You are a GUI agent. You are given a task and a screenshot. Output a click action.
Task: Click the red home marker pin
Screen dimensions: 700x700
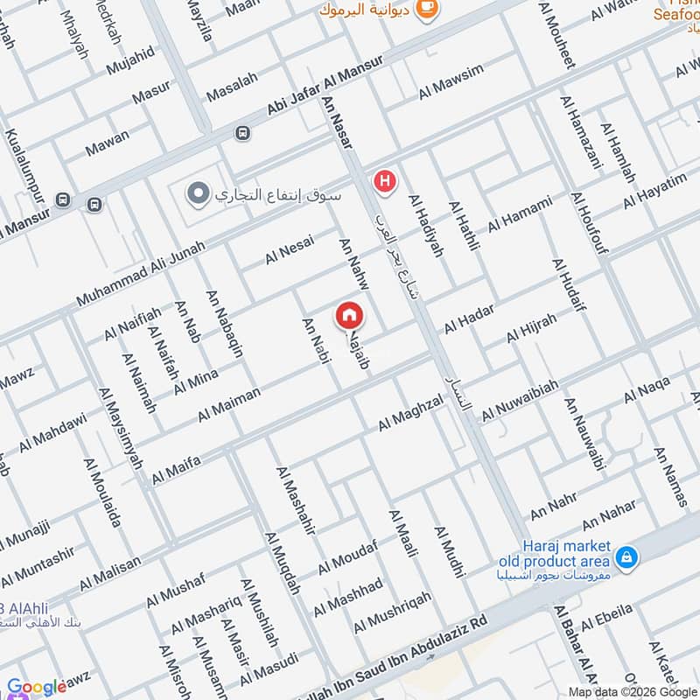[349, 316]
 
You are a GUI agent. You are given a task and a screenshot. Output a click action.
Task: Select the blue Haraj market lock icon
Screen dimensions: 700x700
[626, 556]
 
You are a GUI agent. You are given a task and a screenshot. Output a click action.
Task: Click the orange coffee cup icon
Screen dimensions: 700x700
[427, 8]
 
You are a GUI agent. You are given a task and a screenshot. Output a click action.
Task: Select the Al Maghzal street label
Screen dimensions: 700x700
[410, 412]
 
